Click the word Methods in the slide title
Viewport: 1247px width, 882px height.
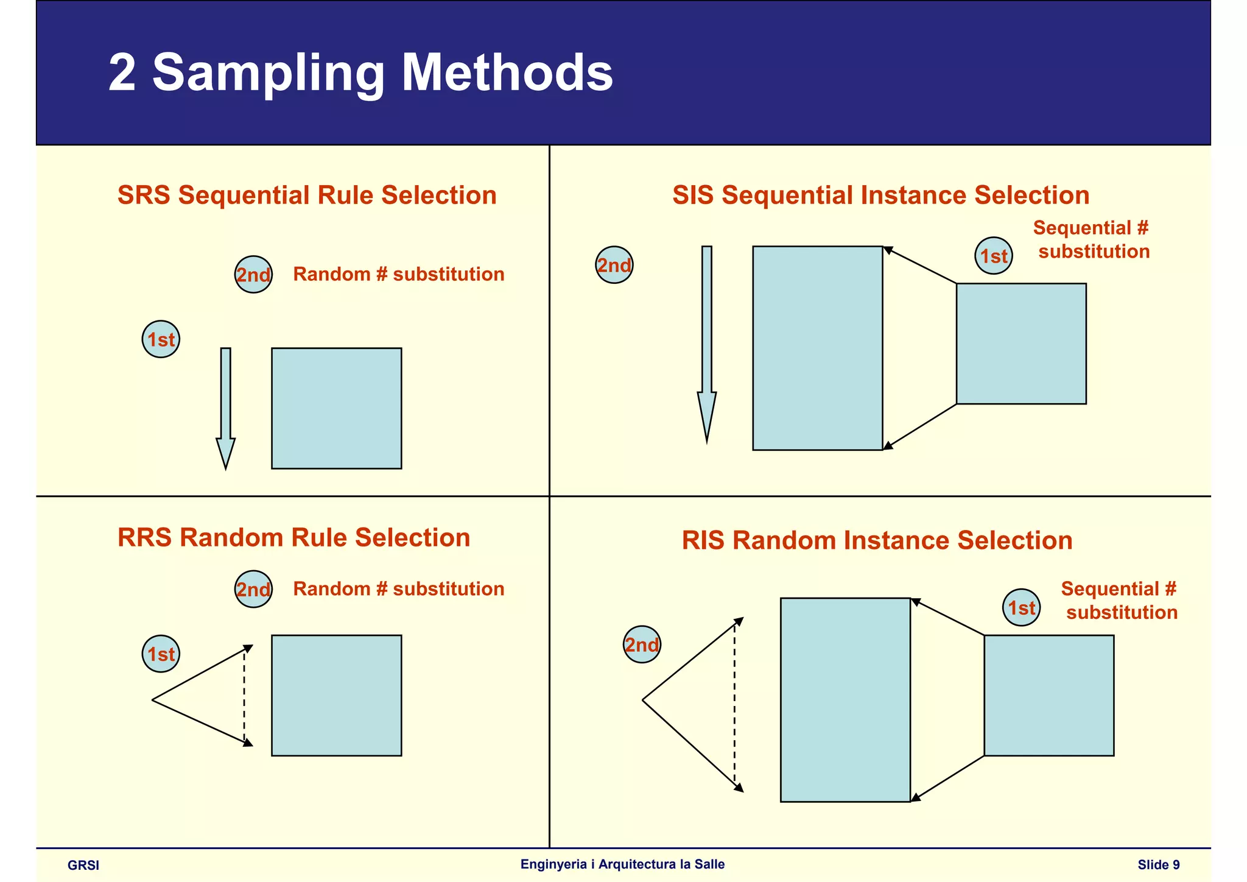[x=507, y=72]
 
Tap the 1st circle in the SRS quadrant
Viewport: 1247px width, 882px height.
[x=161, y=339]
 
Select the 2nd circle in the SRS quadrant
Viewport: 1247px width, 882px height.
[x=253, y=275]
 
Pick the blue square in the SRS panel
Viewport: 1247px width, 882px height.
[x=336, y=408]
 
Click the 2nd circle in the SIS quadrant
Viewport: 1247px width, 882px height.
[x=614, y=265]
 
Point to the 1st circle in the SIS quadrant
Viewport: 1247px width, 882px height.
[x=994, y=256]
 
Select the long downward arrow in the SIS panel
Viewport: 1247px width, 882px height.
[x=706, y=341]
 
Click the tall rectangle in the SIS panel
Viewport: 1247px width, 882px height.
[x=817, y=348]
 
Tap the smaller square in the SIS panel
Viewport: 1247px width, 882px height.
[x=1021, y=344]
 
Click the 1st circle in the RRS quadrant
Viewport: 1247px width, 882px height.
[x=161, y=654]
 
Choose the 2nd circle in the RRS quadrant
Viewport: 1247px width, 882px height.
[x=253, y=589]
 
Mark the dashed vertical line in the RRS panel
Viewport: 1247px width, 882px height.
[x=244, y=696]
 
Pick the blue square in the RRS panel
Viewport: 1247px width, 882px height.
[x=336, y=696]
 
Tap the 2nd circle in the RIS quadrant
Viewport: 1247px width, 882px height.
[x=642, y=644]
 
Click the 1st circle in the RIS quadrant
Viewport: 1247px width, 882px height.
[x=1021, y=607]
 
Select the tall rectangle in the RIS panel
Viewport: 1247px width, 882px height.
[x=845, y=700]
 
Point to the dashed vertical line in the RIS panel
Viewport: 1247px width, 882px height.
[x=734, y=705]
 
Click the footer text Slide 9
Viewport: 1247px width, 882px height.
[x=1159, y=865]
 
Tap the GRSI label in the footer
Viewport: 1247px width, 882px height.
[x=83, y=866]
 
